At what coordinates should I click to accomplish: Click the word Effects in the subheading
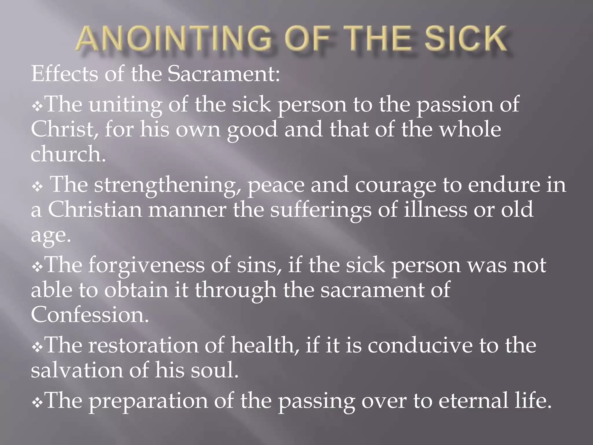pyautogui.click(x=65, y=74)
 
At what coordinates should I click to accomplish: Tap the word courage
pyautogui.click(x=395, y=185)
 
